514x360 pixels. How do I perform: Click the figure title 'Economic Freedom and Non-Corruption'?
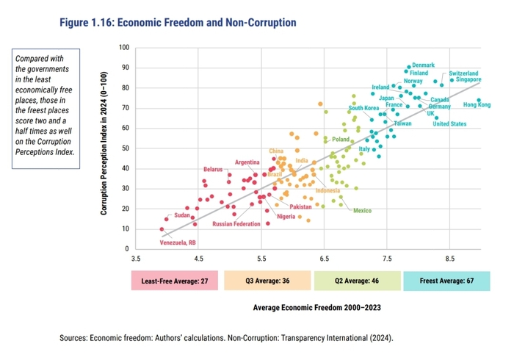178,23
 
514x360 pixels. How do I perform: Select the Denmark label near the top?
423,65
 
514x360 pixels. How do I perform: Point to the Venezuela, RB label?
178,242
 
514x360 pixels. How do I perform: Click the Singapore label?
465,79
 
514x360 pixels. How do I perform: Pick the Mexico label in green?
362,211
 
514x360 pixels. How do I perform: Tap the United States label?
449,124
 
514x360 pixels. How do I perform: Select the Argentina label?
247,162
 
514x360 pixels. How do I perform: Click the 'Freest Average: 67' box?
446,281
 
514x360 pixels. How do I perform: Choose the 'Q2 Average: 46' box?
356,281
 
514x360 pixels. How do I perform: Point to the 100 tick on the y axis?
123,48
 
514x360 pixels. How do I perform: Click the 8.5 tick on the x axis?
449,259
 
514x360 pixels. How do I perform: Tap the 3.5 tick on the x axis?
136,259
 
